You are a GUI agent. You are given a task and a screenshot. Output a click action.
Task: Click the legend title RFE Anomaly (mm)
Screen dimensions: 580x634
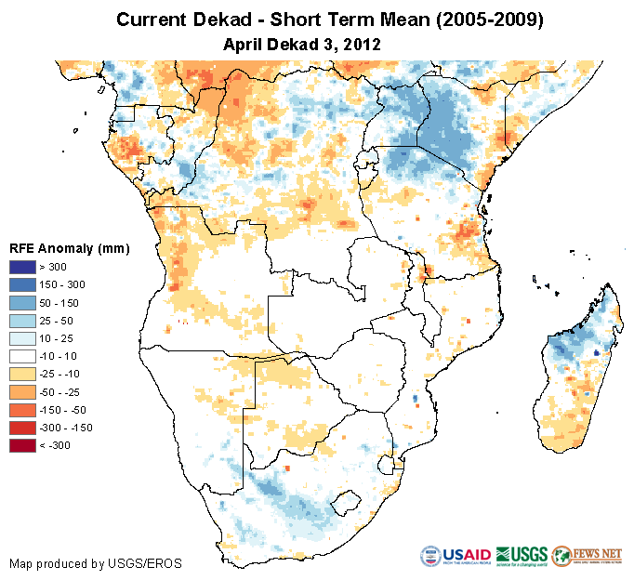[69, 248]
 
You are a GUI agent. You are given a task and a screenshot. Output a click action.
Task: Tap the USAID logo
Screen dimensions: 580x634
[456, 555]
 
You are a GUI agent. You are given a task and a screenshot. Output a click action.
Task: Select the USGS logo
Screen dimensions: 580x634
[522, 555]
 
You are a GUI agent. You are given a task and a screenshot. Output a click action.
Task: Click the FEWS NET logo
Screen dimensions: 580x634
[588, 555]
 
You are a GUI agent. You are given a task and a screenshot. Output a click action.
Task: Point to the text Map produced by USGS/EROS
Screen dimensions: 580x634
[95, 563]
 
